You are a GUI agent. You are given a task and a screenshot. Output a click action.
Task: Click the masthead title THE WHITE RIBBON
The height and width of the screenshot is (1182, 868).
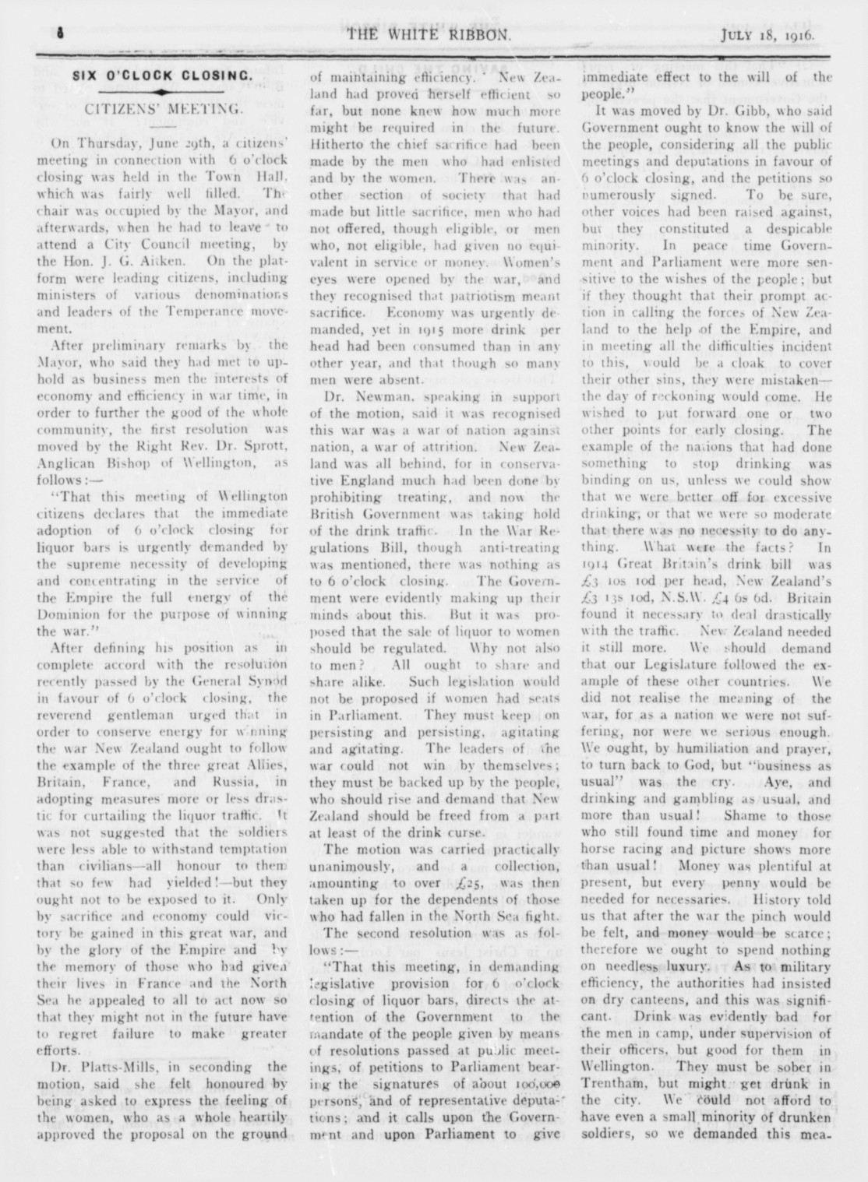click(x=429, y=34)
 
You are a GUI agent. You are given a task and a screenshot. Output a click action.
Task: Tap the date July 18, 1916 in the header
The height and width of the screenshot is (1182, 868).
click(x=767, y=34)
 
